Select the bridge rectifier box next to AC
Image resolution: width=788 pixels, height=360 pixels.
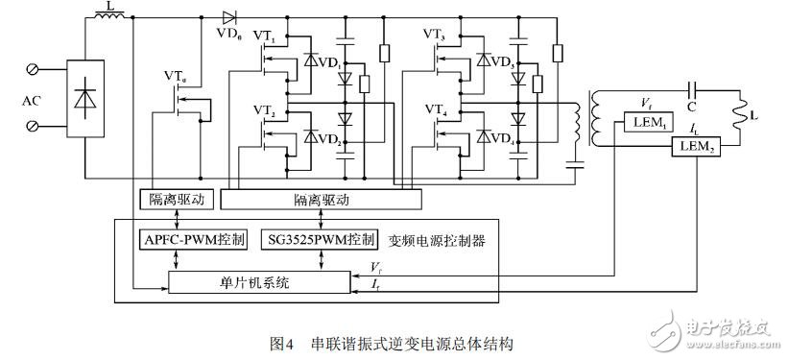(84, 99)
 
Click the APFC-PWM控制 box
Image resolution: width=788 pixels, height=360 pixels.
(193, 237)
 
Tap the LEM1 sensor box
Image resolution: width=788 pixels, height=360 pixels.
(646, 121)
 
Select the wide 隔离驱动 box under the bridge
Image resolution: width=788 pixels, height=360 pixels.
(320, 199)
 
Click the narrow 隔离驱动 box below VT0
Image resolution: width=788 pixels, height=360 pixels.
(177, 199)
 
